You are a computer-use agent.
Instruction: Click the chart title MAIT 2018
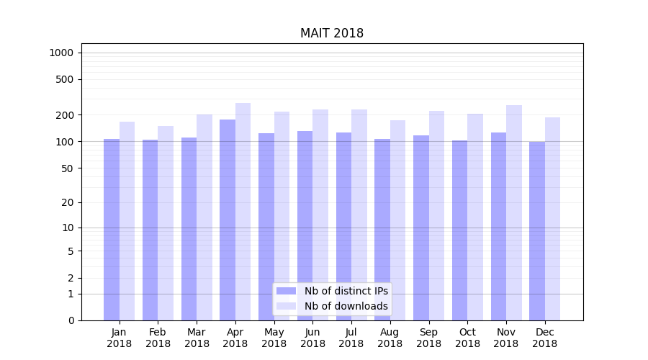click(x=332, y=34)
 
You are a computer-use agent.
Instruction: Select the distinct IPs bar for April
click(x=228, y=220)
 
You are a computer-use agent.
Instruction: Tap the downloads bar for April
click(x=243, y=212)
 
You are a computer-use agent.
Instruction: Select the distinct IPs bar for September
click(x=421, y=228)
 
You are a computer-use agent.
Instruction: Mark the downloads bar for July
click(x=359, y=215)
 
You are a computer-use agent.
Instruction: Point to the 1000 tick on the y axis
click(x=61, y=53)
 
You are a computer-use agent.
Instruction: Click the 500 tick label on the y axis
click(x=66, y=79)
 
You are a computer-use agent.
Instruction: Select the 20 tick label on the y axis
click(x=68, y=202)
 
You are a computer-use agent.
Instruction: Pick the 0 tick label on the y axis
click(x=71, y=320)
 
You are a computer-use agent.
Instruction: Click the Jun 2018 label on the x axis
click(x=312, y=338)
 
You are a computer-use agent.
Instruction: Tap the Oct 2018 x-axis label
click(x=467, y=338)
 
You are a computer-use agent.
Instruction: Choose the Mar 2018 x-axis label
click(x=197, y=338)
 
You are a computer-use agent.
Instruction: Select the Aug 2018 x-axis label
click(x=390, y=338)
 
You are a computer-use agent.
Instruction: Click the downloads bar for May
click(x=282, y=216)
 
